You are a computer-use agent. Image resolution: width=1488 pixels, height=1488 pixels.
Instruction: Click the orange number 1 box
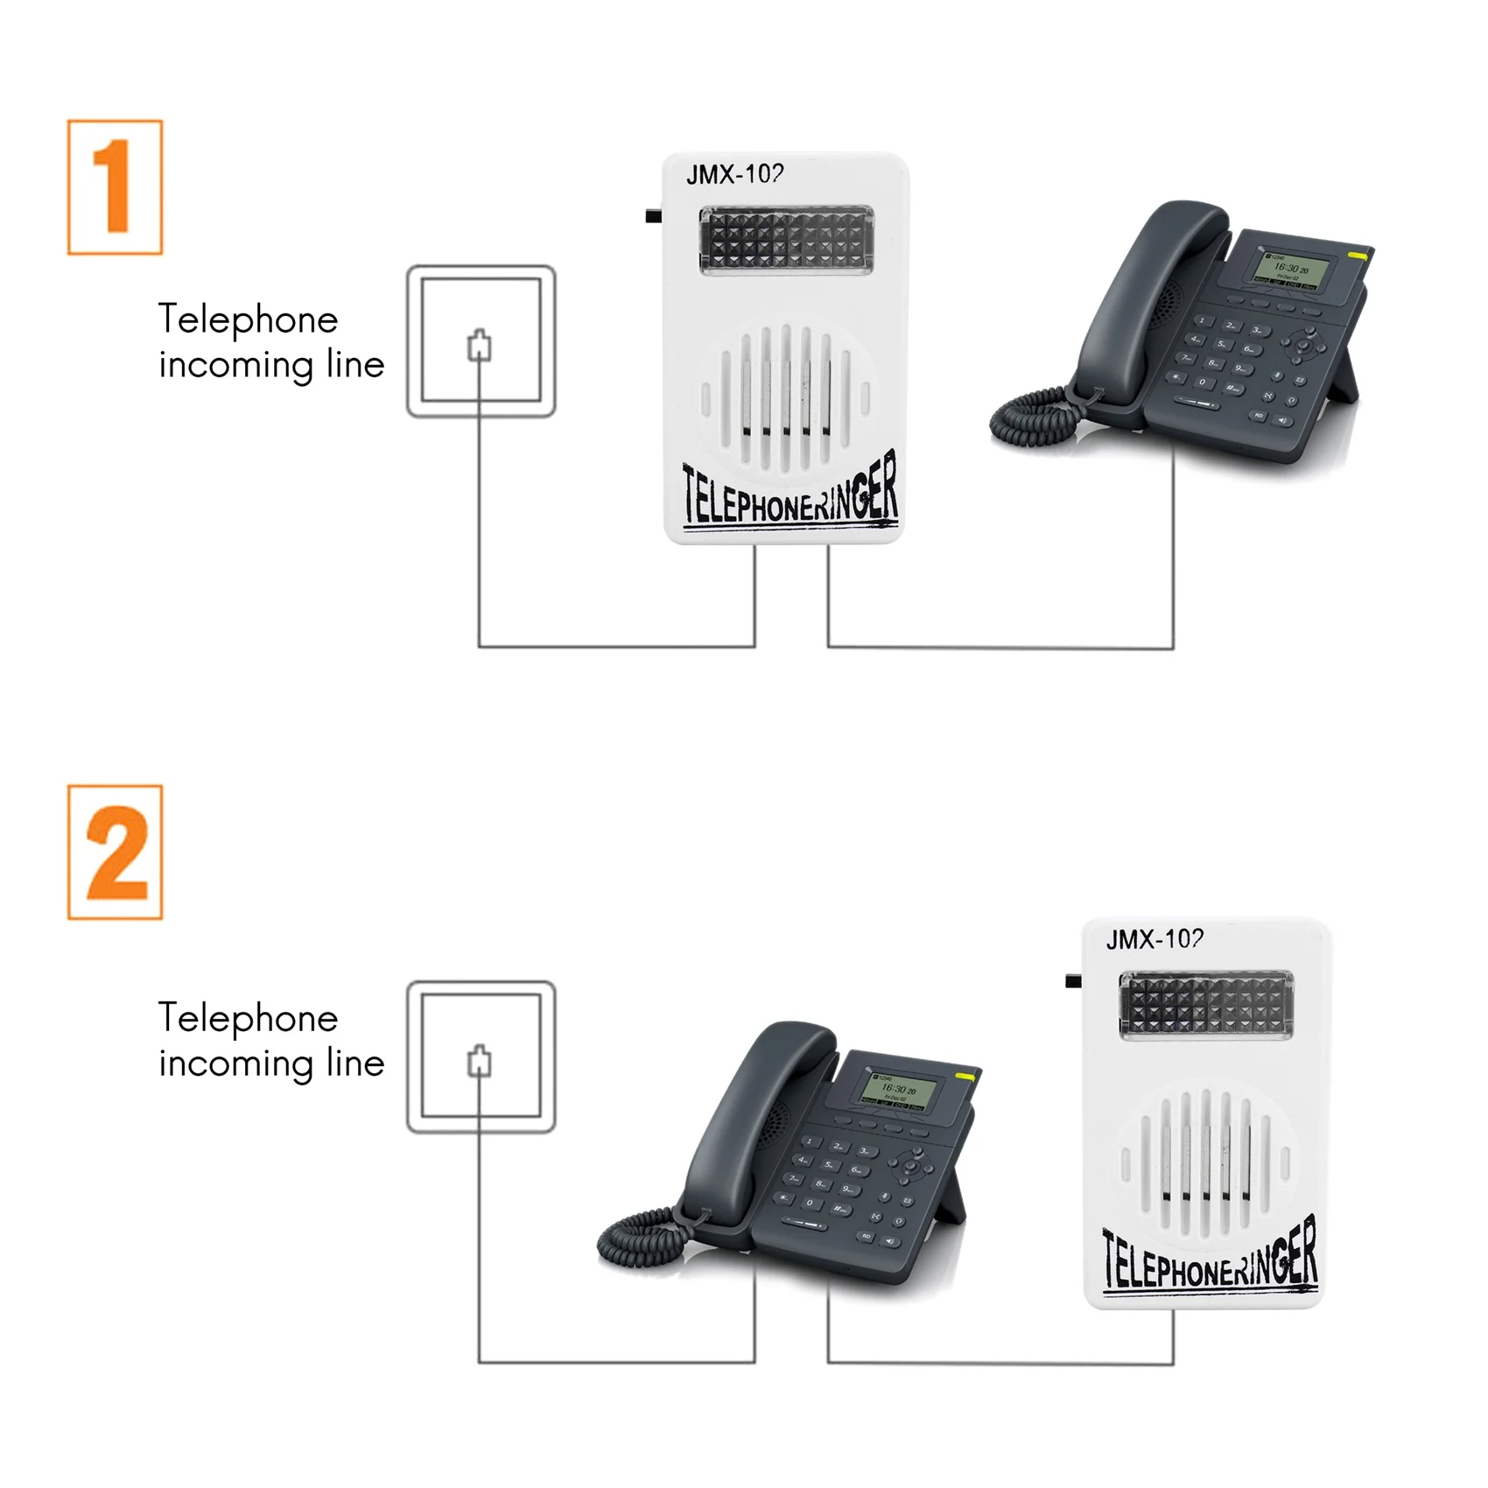click(115, 187)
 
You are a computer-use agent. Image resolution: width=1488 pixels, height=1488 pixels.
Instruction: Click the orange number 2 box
click(115, 852)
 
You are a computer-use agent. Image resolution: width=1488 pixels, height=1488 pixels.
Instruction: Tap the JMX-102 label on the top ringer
click(734, 174)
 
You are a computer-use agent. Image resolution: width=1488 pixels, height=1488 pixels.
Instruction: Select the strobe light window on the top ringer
click(786, 240)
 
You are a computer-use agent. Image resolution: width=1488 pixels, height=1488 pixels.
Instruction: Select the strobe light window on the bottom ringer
click(1205, 1006)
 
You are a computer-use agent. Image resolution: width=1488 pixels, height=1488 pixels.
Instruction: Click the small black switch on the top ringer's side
click(653, 215)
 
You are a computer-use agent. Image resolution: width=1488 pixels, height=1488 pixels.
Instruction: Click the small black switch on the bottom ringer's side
click(1073, 980)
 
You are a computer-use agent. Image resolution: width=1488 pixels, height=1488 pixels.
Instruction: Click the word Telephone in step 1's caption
click(248, 319)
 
